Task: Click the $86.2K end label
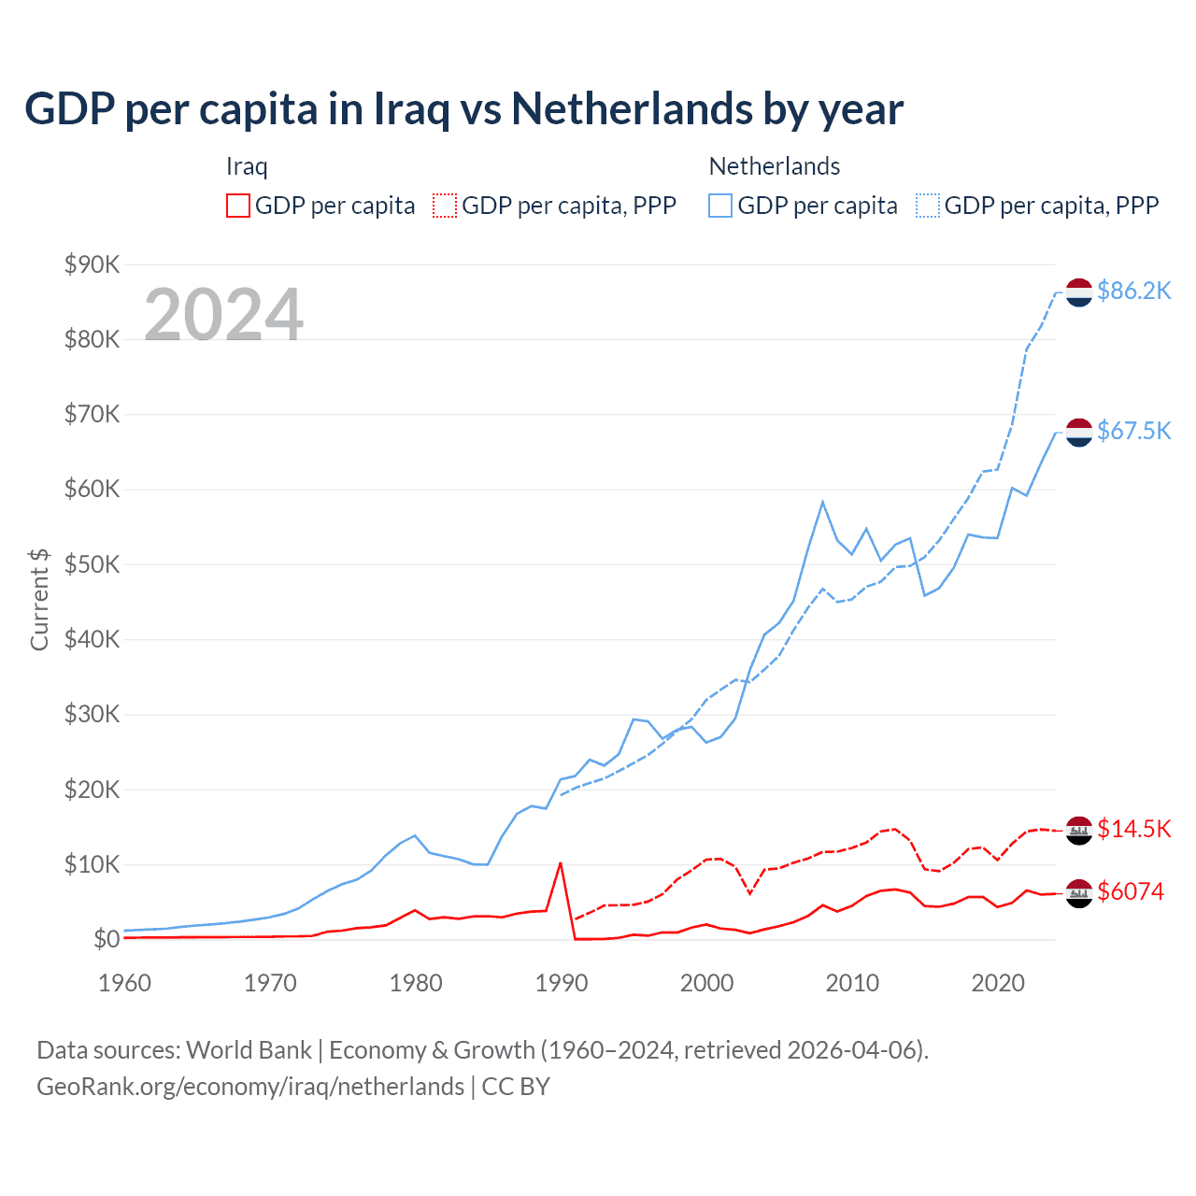coord(1133,292)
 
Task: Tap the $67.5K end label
coord(1133,431)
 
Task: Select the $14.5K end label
coord(1133,829)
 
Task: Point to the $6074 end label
coord(1131,891)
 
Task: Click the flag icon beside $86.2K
coord(1079,292)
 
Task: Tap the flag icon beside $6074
coord(1079,893)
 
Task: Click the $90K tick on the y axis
coord(93,264)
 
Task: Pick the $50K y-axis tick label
coord(93,564)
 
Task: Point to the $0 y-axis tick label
coord(107,939)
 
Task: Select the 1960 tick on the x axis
coord(124,983)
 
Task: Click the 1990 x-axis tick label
coord(562,983)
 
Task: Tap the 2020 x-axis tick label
coord(998,983)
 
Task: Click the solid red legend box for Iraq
coord(238,206)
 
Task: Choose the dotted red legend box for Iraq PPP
coord(445,206)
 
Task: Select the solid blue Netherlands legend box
coord(720,206)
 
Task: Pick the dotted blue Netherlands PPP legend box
coord(928,206)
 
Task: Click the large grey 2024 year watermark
coord(224,315)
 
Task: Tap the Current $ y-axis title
coord(39,599)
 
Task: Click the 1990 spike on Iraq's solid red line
coord(561,862)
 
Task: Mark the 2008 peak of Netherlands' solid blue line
coord(822,502)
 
